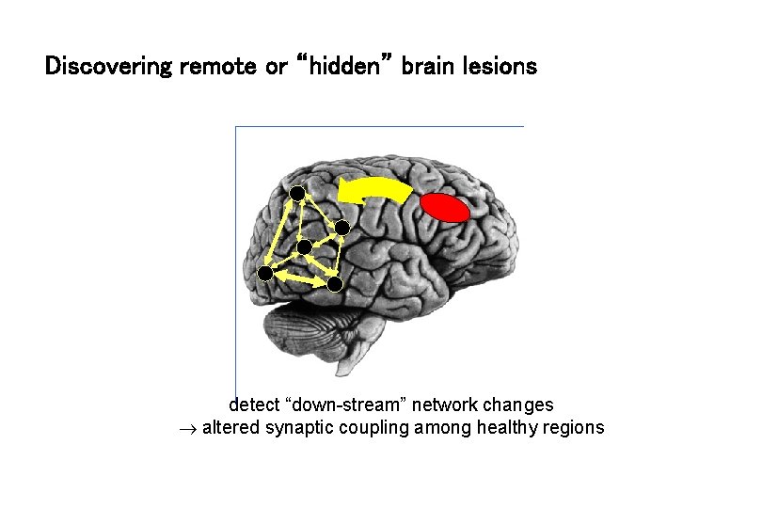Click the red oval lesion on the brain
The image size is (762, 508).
tap(444, 208)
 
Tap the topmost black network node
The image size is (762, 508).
tap(296, 194)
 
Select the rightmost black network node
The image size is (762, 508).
tap(342, 228)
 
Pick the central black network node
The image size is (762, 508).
tap(304, 247)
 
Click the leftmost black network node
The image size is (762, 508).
tap(265, 274)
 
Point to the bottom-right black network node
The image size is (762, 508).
tap(335, 283)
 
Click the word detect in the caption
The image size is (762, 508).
tap(255, 405)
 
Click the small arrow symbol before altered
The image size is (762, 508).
tap(186, 429)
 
